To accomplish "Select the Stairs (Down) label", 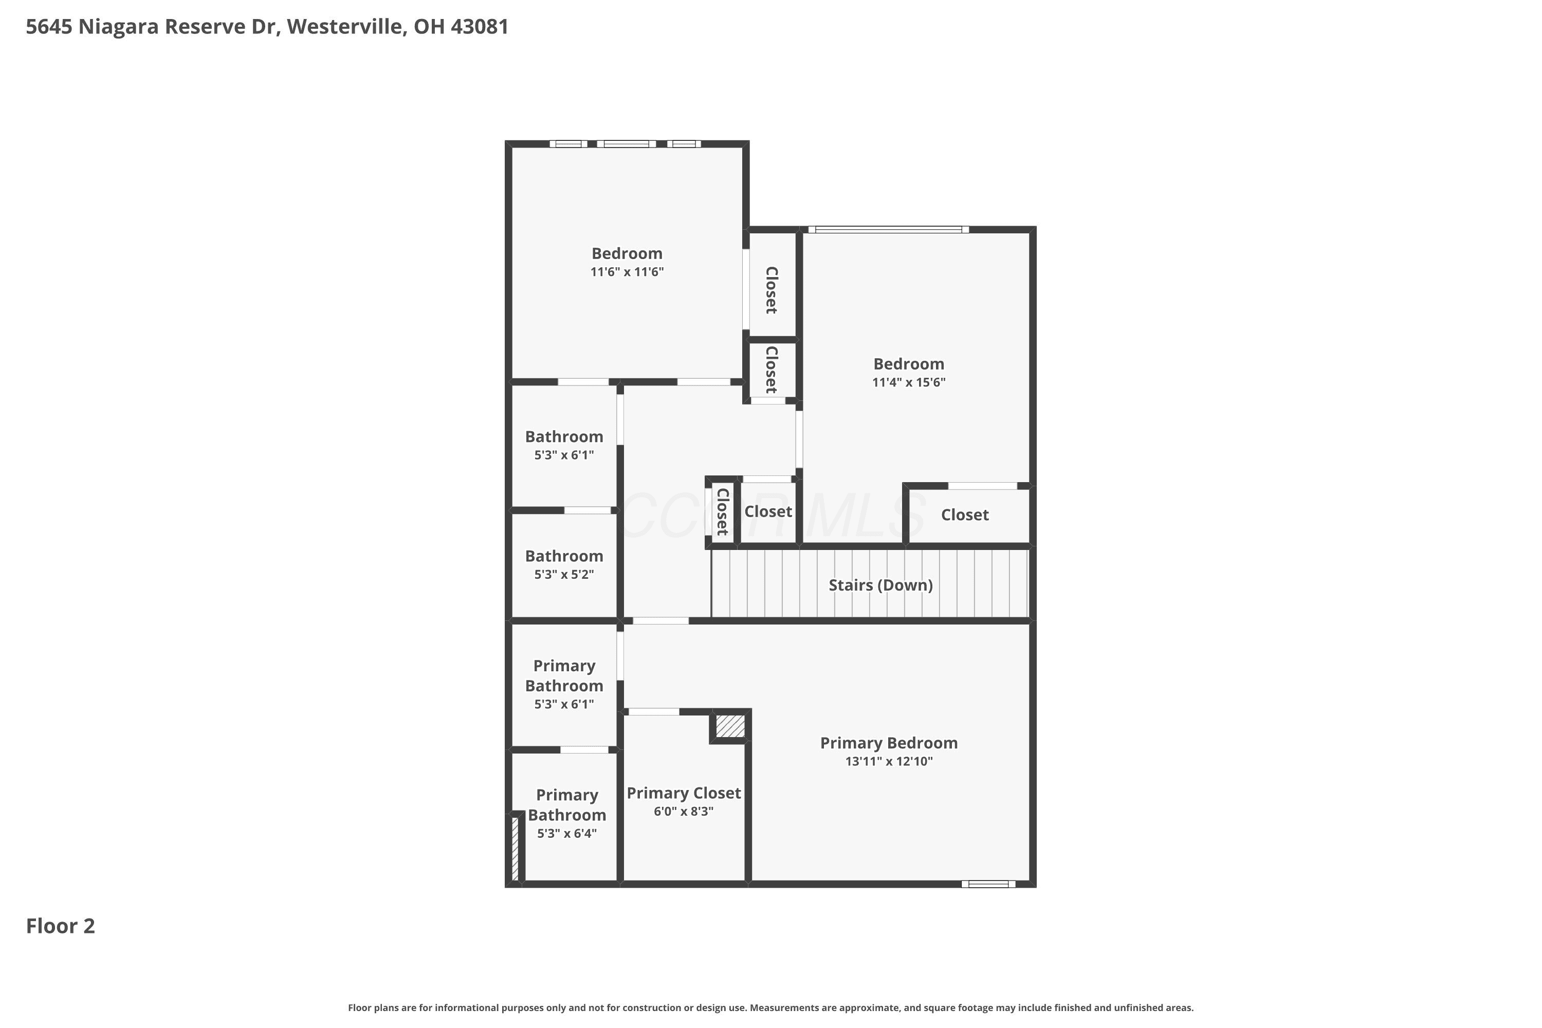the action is click(x=880, y=585).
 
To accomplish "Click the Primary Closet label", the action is click(x=684, y=793).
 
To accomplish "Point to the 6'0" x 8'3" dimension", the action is click(x=684, y=811).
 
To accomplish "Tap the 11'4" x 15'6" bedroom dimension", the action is click(x=909, y=382).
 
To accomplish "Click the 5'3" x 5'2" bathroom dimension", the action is click(x=564, y=574).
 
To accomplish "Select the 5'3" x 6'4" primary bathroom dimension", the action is click(x=567, y=833).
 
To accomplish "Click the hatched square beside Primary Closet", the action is click(x=730, y=726).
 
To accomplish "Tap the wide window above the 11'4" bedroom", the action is click(x=888, y=229).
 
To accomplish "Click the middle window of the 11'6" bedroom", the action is click(x=626, y=143).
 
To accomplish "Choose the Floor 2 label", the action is click(x=60, y=926).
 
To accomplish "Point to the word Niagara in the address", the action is click(x=119, y=27).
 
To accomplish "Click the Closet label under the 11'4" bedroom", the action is click(x=965, y=515).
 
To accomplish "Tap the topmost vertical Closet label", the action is click(x=772, y=290).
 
